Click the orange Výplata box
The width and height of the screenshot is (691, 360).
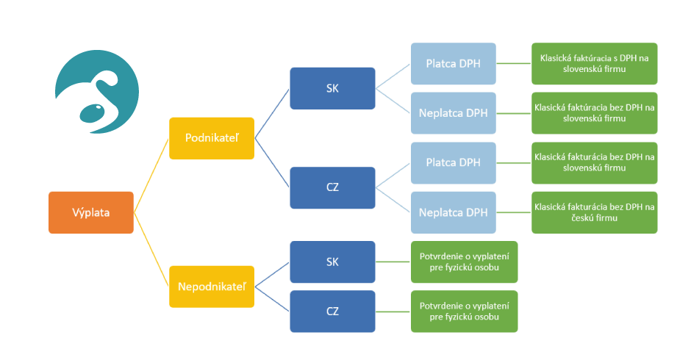pos(91,212)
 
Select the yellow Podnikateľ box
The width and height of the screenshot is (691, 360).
pos(212,138)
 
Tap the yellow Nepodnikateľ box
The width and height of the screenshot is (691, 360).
pos(212,286)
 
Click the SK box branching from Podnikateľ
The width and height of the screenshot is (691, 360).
pos(332,88)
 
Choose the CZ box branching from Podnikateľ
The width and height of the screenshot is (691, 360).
pos(332,188)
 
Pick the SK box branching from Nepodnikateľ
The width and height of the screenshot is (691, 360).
pos(332,262)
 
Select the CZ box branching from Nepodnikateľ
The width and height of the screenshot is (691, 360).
pos(332,311)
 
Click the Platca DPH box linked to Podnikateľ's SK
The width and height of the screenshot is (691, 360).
pos(453,63)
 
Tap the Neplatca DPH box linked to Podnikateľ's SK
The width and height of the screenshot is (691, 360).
pos(453,113)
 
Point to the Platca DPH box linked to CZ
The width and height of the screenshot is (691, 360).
pos(453,162)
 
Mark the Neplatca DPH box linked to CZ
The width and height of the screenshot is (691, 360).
pos(453,212)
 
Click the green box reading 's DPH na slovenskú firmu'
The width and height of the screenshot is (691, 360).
pos(594,63)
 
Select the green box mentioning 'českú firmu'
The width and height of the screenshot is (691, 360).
pos(594,212)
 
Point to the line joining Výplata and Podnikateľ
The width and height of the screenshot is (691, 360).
pos(151,176)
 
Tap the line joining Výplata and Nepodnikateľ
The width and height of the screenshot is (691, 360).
pos(151,250)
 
